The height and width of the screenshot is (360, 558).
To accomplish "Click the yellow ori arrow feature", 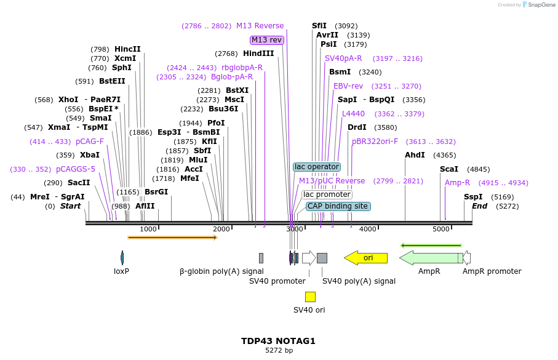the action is (365, 258).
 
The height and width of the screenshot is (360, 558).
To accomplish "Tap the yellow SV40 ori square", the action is (310, 297).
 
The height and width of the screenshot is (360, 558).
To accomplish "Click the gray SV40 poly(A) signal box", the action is (322, 258).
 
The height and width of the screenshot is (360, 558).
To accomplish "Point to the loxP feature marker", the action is (122, 258).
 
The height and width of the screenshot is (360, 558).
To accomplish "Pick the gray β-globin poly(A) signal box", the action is (261, 258).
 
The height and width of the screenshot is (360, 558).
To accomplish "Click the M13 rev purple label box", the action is (266, 40).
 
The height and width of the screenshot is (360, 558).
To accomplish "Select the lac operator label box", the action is (317, 167).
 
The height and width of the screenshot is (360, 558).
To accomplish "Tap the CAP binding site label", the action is (338, 206).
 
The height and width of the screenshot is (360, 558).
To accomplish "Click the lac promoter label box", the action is (327, 194).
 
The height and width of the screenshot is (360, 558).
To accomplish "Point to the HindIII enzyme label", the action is (258, 54).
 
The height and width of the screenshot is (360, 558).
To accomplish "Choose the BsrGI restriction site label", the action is (156, 192).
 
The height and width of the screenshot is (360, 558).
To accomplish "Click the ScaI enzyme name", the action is (448, 169).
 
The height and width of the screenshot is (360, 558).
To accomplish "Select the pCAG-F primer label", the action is (90, 142).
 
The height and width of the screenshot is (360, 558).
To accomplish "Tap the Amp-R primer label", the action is (457, 183).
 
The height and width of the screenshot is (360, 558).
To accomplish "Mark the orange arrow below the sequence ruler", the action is (172, 238).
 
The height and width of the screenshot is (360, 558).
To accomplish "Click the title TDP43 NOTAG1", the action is (278, 341).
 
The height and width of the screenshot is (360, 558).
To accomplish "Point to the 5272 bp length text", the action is (279, 350).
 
